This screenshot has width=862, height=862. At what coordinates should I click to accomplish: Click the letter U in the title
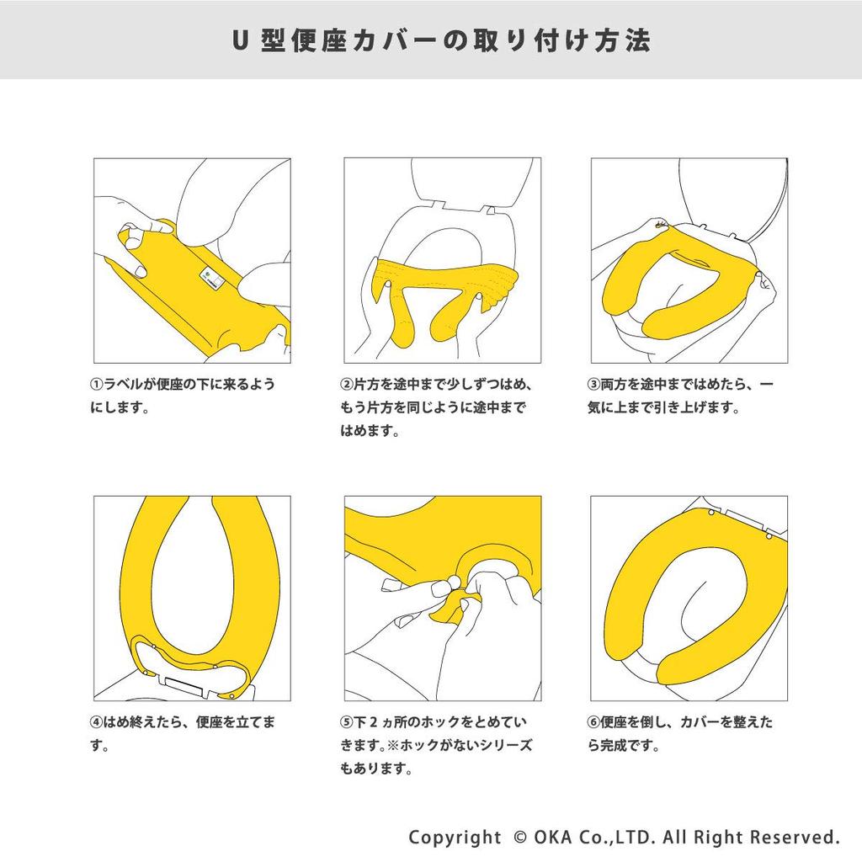(x=238, y=40)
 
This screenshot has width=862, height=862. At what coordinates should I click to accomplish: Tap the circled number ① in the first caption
(x=97, y=384)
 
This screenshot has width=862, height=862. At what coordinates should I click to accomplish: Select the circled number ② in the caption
(x=347, y=384)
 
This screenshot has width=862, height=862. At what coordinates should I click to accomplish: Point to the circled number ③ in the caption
(x=593, y=384)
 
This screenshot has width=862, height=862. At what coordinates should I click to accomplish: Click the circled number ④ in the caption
(x=97, y=721)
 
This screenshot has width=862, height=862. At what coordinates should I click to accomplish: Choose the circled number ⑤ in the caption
(x=347, y=721)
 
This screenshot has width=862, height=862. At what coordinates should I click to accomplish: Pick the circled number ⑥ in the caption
(x=593, y=721)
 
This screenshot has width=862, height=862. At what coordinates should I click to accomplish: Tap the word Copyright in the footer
(x=455, y=838)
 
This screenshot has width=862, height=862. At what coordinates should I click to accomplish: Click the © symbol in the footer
(x=519, y=838)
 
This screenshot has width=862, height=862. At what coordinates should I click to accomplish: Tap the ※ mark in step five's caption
(x=392, y=746)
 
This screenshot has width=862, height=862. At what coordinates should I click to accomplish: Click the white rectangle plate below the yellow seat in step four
(x=184, y=685)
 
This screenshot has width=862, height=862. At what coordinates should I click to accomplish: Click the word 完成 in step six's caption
(x=614, y=746)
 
